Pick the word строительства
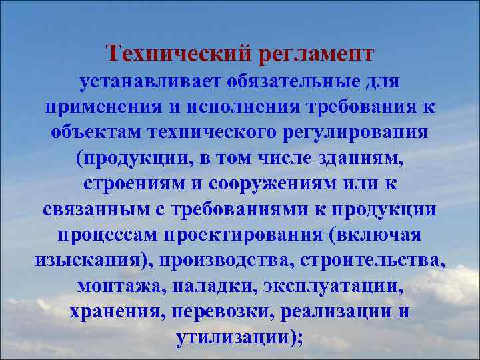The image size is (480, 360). [x=381, y=260]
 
